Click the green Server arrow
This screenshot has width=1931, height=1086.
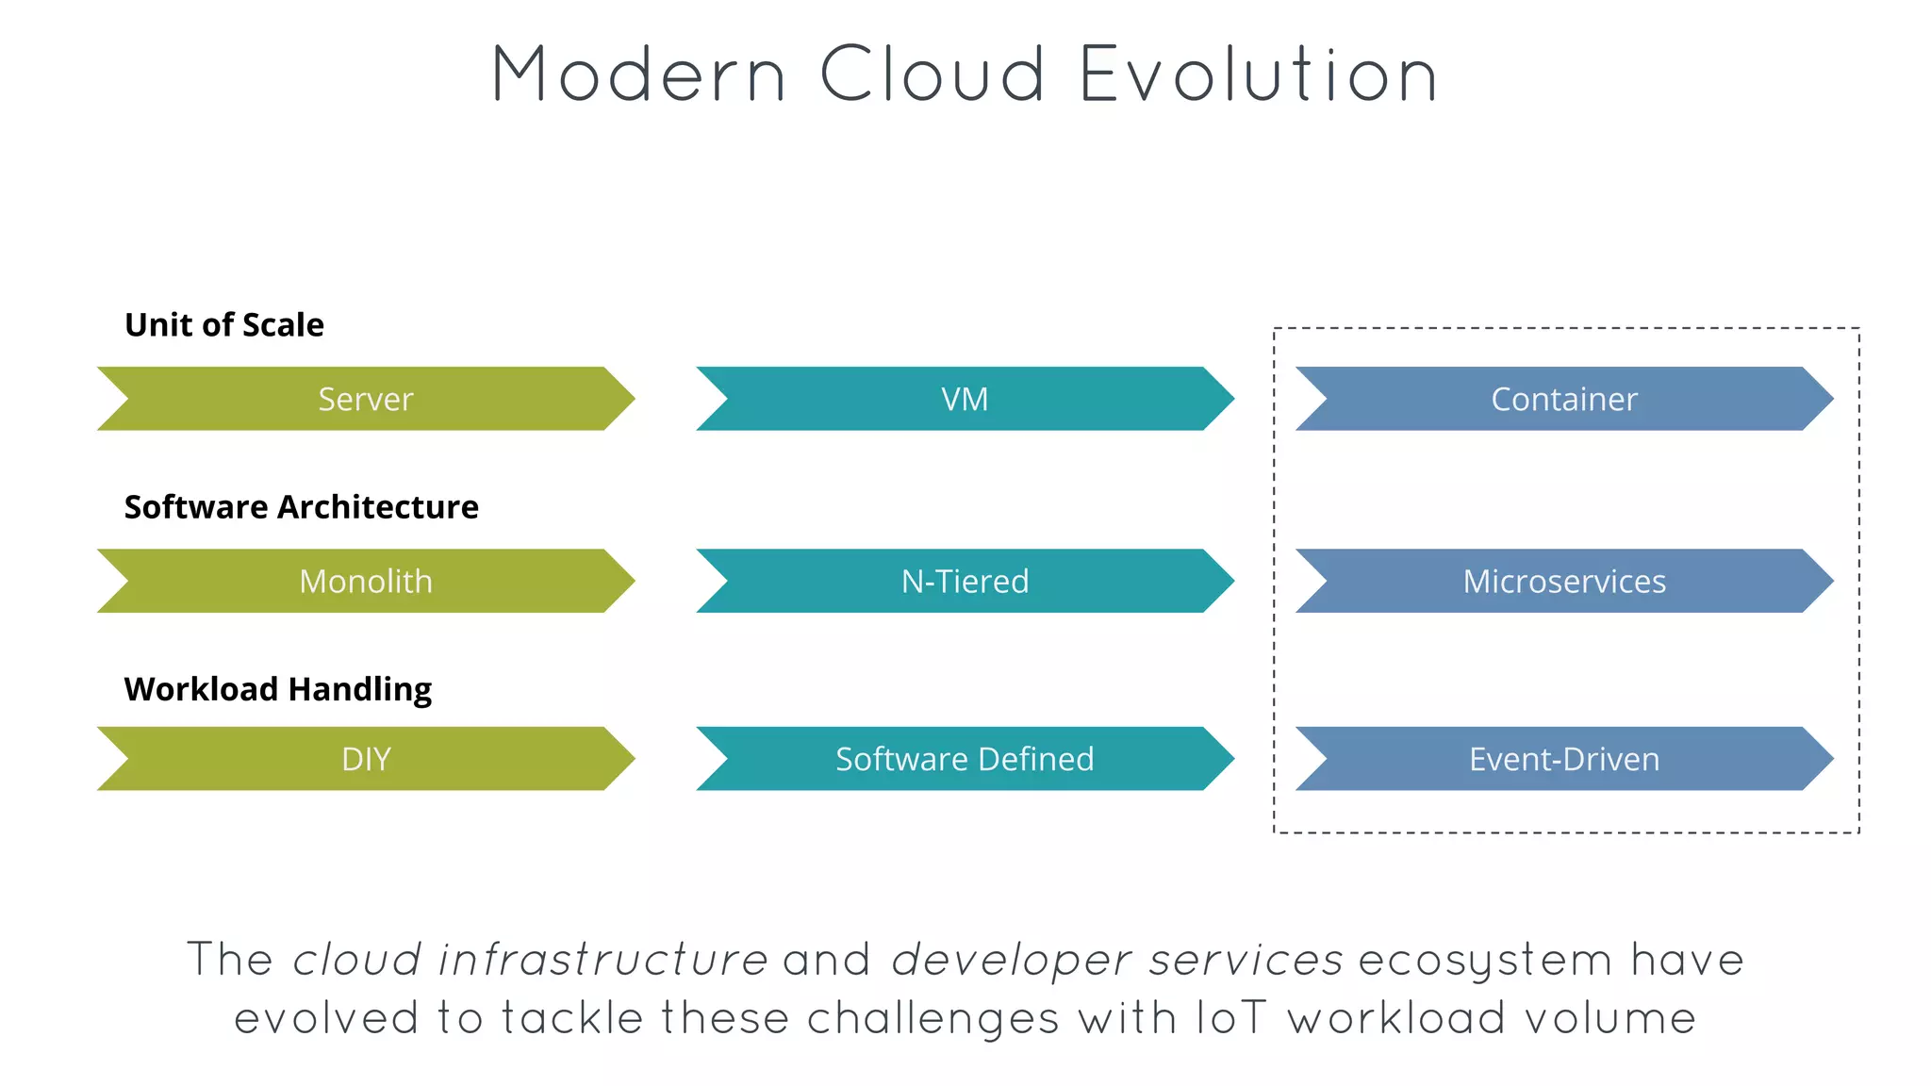click(366, 399)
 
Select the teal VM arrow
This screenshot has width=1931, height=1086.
click(965, 399)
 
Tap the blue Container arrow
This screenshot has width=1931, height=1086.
click(1564, 399)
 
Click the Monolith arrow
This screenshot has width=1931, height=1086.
click(366, 581)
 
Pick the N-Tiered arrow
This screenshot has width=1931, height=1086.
click(965, 581)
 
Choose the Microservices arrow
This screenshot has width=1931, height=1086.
click(1564, 581)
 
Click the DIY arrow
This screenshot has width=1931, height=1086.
click(366, 759)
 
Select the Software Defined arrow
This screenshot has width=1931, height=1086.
click(965, 759)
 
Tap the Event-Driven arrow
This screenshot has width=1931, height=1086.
click(1564, 759)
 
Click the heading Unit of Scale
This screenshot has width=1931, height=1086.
click(224, 325)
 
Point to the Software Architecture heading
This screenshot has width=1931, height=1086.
click(302, 507)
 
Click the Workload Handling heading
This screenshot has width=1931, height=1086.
click(278, 690)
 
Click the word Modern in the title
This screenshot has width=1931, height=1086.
click(638, 74)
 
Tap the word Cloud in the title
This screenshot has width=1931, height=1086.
click(932, 74)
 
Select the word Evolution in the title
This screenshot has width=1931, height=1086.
click(1258, 74)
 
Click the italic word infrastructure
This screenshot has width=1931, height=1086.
click(603, 961)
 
